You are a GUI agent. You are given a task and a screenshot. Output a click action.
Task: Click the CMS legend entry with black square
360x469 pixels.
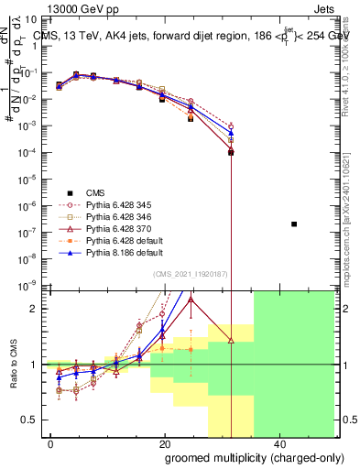pyautogui.click(x=95, y=192)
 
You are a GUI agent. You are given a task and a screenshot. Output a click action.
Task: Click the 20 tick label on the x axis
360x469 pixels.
pyautogui.click(x=164, y=443)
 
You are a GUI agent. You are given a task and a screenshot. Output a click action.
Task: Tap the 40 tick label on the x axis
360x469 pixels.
pyautogui.click(x=277, y=443)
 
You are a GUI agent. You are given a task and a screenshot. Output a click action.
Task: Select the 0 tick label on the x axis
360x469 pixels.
pyautogui.click(x=51, y=443)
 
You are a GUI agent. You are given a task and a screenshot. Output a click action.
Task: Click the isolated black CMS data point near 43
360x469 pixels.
pyautogui.click(x=293, y=224)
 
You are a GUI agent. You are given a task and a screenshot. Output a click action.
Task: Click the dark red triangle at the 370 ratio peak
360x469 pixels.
pyautogui.click(x=191, y=300)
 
